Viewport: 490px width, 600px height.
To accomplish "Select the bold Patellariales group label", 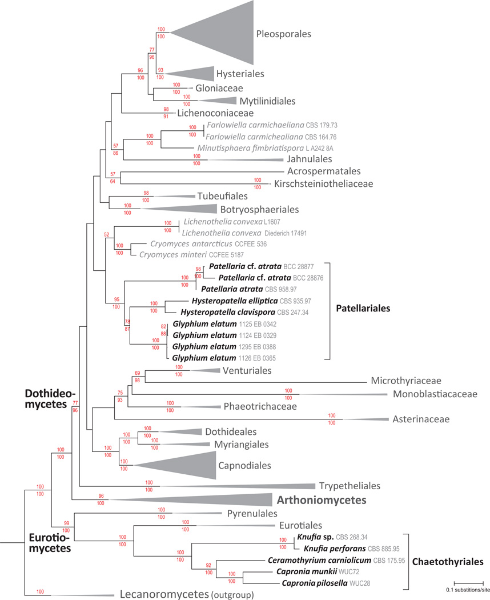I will (x=366, y=307).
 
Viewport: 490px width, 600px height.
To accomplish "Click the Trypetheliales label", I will (x=348, y=486).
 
